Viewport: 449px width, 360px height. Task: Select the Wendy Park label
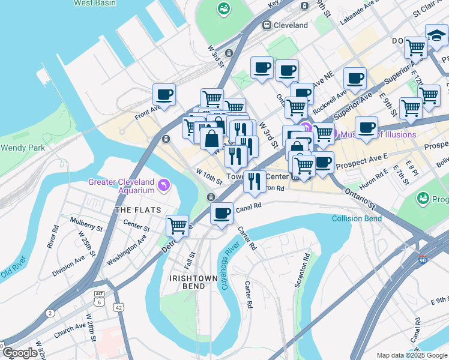[20, 148]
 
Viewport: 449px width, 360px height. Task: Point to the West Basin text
[95, 3]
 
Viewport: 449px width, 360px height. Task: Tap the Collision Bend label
[357, 218]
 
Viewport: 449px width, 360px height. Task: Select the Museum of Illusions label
[378, 134]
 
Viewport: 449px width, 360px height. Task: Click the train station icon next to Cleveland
[266, 25]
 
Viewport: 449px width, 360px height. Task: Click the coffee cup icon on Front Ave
[164, 94]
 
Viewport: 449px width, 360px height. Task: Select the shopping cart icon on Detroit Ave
[178, 226]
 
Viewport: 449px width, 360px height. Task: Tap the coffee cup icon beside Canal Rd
[221, 214]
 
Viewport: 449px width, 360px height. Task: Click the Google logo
[19, 352]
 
